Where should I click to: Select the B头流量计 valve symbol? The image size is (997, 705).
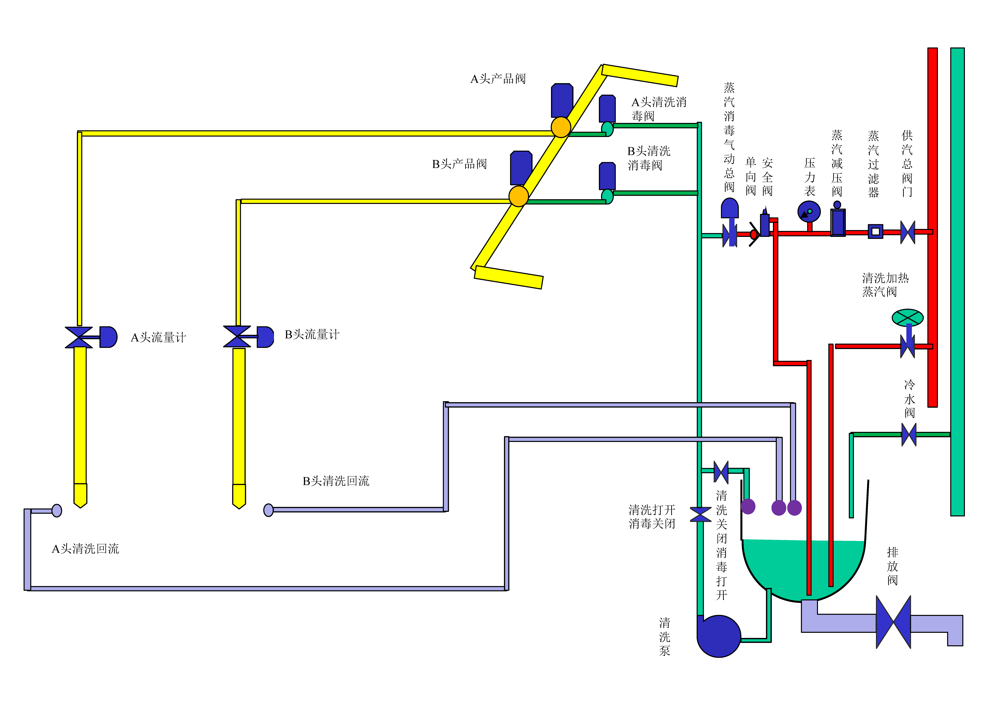pos(237,337)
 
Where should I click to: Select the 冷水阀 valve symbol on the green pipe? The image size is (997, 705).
pos(909,434)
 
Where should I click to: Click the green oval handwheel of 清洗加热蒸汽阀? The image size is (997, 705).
pos(907,317)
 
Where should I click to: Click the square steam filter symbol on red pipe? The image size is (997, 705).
pos(875,231)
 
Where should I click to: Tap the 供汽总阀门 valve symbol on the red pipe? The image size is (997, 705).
pos(907,232)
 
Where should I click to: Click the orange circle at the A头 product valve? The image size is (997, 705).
pos(561,127)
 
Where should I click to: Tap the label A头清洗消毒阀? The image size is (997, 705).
pos(659,109)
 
